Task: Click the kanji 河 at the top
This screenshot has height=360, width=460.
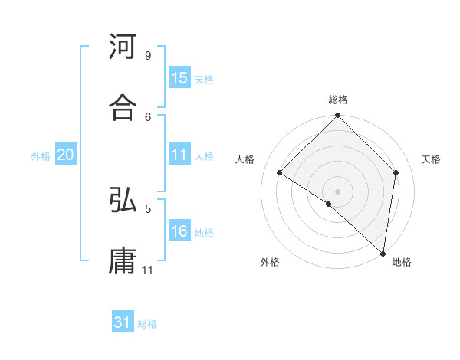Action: [123, 47]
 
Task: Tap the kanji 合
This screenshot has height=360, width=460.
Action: [123, 109]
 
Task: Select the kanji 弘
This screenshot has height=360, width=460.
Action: [123, 201]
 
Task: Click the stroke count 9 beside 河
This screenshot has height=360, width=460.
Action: [147, 56]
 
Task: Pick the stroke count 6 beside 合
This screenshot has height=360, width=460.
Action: [147, 116]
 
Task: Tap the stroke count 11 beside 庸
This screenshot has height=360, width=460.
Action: [148, 270]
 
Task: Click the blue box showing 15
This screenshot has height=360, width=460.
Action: [179, 78]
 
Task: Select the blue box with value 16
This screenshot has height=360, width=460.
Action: [179, 232]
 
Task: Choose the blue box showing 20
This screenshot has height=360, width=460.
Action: [65, 155]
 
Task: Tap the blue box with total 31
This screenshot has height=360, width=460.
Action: [123, 323]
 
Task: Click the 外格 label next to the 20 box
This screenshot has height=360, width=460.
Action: [41, 156]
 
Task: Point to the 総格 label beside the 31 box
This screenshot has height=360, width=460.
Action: [147, 324]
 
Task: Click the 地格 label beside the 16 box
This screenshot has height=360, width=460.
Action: [204, 233]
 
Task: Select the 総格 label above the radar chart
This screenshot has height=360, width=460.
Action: [338, 100]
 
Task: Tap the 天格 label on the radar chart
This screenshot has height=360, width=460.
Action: [431, 159]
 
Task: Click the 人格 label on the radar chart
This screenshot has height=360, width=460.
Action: [245, 159]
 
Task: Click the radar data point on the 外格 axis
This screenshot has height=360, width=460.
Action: [329, 204]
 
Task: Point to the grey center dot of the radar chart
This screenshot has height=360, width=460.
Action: [338, 191]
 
